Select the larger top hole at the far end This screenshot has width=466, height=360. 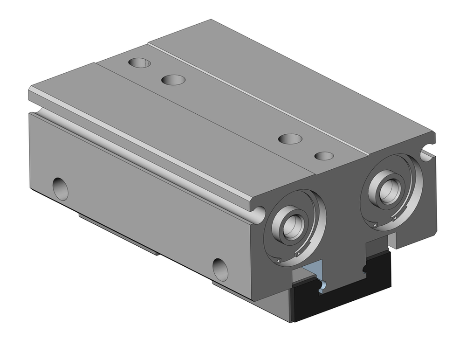[x=173, y=80]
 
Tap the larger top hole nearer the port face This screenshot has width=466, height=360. [x=290, y=138]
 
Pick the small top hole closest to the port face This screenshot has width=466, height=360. [x=324, y=155]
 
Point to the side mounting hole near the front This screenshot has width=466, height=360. [x=220, y=269]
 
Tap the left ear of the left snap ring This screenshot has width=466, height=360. [x=278, y=260]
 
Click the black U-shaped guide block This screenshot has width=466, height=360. [x=343, y=303]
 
